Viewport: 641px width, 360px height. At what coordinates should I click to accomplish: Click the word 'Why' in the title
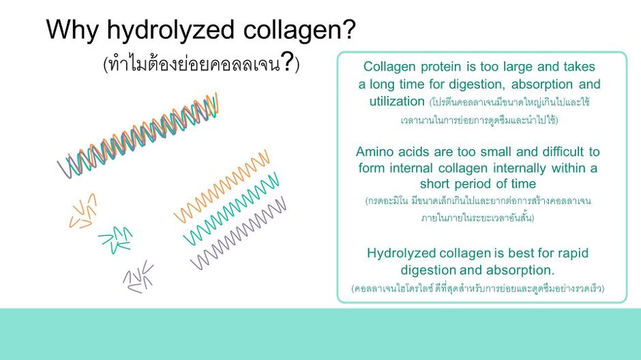click(72, 30)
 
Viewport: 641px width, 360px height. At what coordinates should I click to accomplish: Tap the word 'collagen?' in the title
click(299, 31)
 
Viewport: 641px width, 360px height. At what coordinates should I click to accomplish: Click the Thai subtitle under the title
click(201, 63)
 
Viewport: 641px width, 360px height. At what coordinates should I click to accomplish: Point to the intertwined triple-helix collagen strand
click(138, 135)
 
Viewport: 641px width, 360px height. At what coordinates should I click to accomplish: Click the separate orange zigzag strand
click(221, 186)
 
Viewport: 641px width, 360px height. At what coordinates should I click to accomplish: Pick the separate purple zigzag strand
click(238, 233)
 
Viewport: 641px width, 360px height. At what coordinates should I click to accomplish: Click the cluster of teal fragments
click(116, 240)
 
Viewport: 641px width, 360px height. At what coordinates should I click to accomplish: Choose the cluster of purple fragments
click(138, 277)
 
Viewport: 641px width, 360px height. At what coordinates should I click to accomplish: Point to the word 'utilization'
click(397, 101)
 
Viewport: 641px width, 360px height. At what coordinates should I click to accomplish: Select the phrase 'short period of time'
click(477, 184)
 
